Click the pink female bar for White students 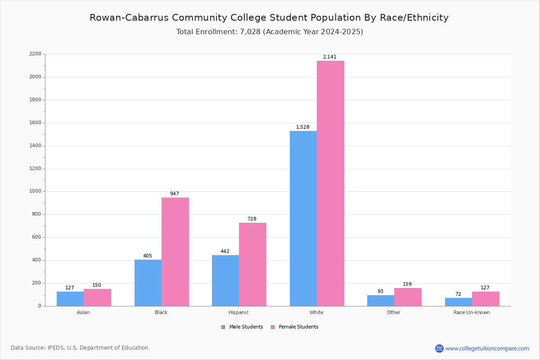click(x=330, y=184)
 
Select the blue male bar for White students click(x=303, y=219)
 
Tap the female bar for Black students click(x=175, y=252)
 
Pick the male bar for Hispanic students click(x=225, y=281)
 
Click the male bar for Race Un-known click(x=459, y=302)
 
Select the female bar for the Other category click(x=408, y=297)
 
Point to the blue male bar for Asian click(x=70, y=299)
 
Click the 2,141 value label click(x=329, y=57)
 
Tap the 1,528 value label click(x=302, y=127)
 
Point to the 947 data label click(x=175, y=193)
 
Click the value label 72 click(x=458, y=294)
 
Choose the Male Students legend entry click(x=242, y=327)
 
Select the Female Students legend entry click(x=295, y=327)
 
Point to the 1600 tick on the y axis click(x=36, y=123)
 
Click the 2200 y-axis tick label click(x=36, y=54)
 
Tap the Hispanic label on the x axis click(x=238, y=312)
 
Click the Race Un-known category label click(x=472, y=312)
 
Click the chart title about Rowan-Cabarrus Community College click(x=269, y=18)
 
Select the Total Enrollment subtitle click(x=270, y=32)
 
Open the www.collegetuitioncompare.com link click(x=487, y=348)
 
